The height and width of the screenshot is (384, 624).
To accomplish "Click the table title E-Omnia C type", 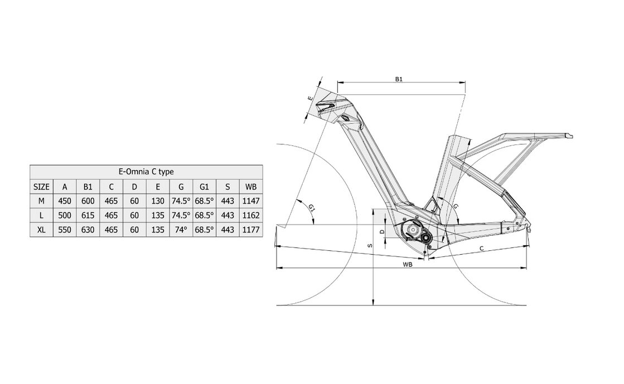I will point(146,172).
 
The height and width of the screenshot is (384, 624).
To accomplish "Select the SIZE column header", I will point(41,186).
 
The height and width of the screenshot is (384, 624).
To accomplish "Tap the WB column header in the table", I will point(250,186).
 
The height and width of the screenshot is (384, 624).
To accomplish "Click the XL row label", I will point(41,229).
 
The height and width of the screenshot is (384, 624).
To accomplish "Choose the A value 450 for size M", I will point(65,200).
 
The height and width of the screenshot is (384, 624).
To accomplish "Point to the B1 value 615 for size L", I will point(88,215).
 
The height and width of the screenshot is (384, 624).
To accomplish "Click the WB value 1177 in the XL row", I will point(250,229).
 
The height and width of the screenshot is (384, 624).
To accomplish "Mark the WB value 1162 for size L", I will point(250,215).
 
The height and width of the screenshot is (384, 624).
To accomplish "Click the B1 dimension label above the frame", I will point(399,80).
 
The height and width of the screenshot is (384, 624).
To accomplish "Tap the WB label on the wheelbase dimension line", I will point(407,265).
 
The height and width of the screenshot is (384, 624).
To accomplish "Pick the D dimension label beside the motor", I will point(381,231).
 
